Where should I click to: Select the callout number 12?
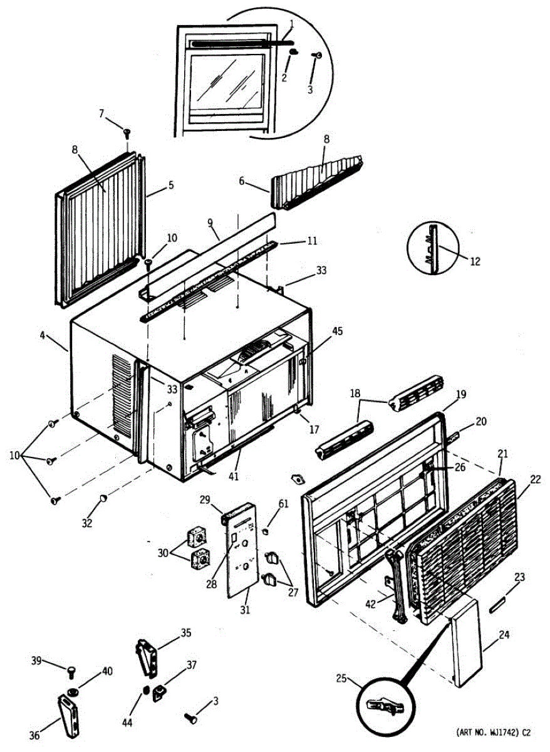coord(475,261)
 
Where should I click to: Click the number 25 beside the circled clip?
coord(341,678)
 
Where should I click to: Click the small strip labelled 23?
coord(499,605)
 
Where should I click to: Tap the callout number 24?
coord(504,635)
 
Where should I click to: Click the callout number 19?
coord(461,395)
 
